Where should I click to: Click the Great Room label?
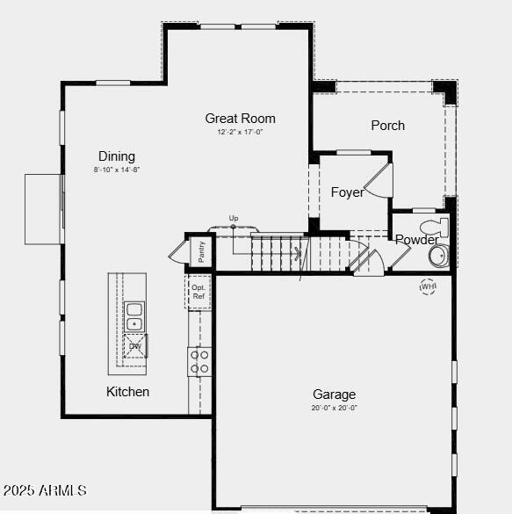point(240,119)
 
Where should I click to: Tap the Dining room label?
point(117,156)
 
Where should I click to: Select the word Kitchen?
point(128,392)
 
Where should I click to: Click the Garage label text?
point(334,395)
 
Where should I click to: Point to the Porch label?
point(387,126)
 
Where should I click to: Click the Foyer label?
point(347,192)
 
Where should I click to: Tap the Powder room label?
point(416,240)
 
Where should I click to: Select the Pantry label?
point(202,251)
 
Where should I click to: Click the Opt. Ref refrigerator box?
point(198,293)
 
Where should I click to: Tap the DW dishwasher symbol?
point(135,346)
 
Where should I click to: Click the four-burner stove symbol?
point(199,361)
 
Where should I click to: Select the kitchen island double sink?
point(134,316)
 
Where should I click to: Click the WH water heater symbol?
point(428,286)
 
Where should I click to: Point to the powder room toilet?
point(434,228)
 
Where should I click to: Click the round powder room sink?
point(437,256)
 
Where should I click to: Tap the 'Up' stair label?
point(234,218)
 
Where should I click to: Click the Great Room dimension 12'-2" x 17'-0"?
point(240,133)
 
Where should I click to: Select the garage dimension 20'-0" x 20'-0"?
point(334,408)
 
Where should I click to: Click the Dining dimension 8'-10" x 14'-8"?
point(118,170)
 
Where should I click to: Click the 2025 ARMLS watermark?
point(45,489)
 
